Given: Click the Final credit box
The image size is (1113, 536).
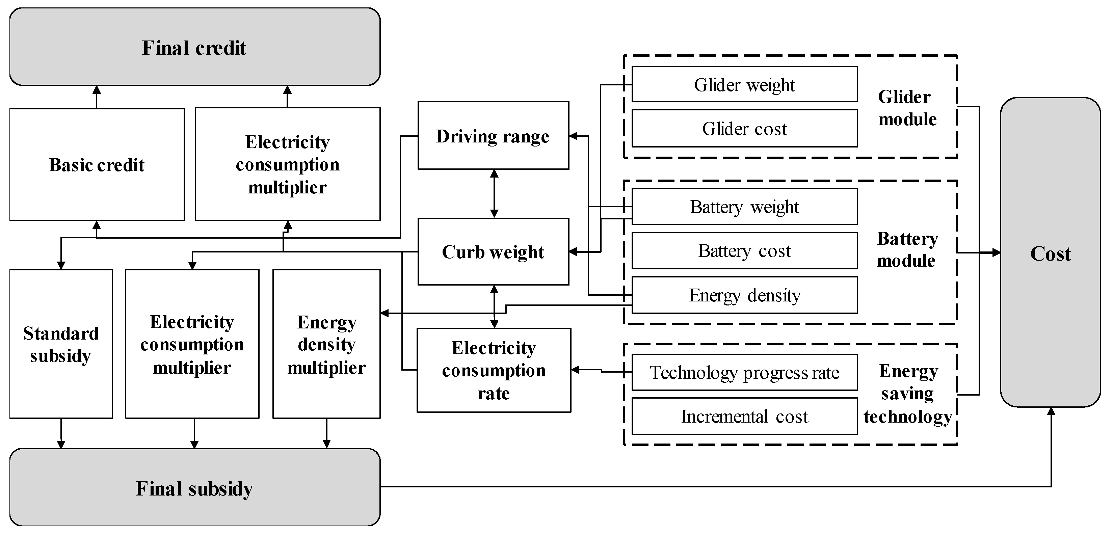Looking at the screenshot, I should (x=194, y=47).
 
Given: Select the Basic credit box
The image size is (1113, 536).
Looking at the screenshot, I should (x=97, y=165).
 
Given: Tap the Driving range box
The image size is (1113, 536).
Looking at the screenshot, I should (x=493, y=136).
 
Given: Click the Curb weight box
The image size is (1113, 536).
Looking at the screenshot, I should (x=493, y=252).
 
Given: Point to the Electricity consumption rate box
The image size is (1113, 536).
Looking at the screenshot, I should (x=494, y=370).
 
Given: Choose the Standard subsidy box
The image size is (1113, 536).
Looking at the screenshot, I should (x=61, y=344).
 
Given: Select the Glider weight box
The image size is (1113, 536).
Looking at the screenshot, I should (x=744, y=85).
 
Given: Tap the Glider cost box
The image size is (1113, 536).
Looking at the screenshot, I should (x=744, y=128).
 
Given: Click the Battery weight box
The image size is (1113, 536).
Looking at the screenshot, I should (x=744, y=207).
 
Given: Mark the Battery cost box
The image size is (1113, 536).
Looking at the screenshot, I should (x=744, y=250).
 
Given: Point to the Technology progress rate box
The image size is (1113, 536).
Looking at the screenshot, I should (x=744, y=372).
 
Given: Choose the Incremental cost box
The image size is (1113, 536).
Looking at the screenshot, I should (x=744, y=417).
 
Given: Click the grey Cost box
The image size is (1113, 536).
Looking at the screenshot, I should (x=1050, y=253).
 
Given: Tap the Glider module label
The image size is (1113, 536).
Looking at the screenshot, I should (x=906, y=108).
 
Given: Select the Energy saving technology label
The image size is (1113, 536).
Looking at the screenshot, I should (x=907, y=394).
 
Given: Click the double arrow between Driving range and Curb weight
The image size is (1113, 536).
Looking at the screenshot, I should (x=494, y=193).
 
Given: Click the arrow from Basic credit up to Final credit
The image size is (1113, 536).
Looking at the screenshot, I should (x=97, y=97).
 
